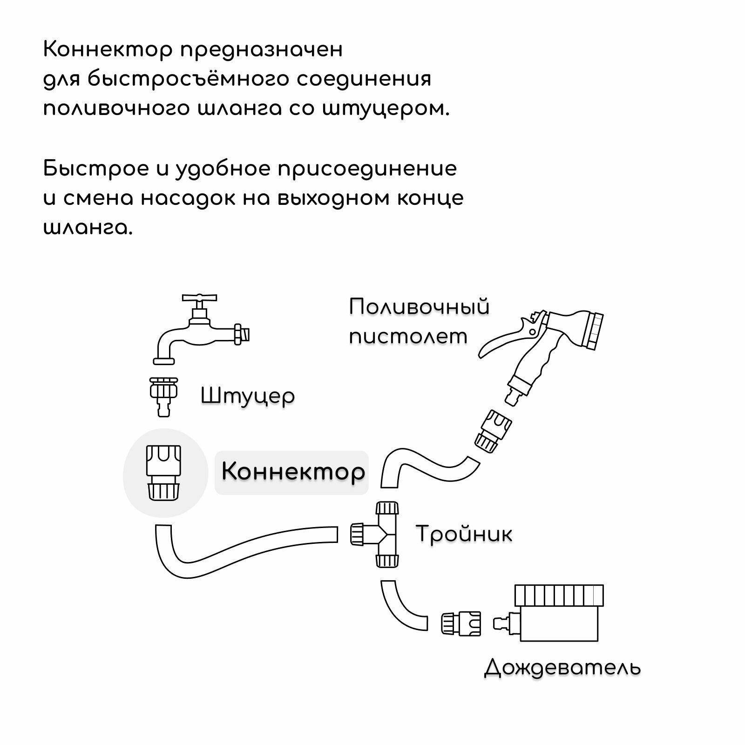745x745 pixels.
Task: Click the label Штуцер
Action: click(x=248, y=396)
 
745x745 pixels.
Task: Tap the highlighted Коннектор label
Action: click(x=292, y=471)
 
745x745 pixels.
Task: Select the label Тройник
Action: click(x=464, y=534)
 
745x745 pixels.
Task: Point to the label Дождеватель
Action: click(x=562, y=668)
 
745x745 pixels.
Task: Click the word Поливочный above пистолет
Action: click(x=419, y=307)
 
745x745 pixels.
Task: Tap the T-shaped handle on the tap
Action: click(x=199, y=298)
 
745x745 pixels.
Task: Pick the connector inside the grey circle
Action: click(x=163, y=473)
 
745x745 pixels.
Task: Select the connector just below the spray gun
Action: click(x=493, y=431)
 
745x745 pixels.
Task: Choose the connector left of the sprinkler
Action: click(x=461, y=624)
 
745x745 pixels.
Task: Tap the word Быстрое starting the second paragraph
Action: click(x=95, y=169)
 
